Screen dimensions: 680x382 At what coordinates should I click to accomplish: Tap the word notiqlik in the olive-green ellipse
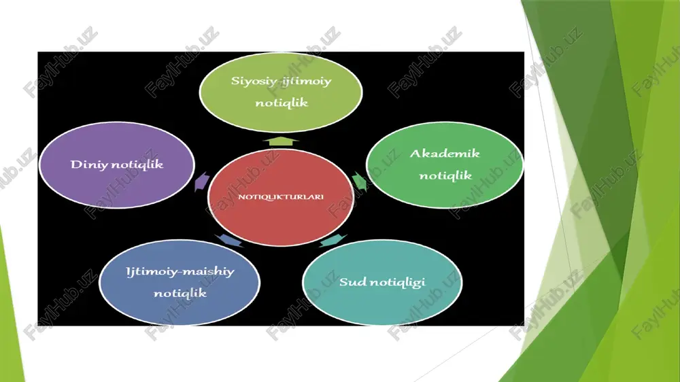pos(282,103)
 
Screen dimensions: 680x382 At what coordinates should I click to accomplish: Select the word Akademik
pos(445,154)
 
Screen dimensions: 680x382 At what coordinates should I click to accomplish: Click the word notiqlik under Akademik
pos(445,175)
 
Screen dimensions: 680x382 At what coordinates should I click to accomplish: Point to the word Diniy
pos(89,164)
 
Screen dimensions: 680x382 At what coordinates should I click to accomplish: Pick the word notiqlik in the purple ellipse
pos(137,164)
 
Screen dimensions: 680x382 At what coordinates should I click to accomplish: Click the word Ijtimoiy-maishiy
pos(180,272)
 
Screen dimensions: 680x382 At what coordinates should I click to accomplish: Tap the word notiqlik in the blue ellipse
pos(180,293)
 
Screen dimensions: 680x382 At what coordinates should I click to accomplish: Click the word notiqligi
pos(398,283)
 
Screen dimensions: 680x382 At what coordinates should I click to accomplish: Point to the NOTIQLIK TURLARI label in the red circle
pos(281,197)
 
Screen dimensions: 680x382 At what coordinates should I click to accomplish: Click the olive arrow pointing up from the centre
pos(281,141)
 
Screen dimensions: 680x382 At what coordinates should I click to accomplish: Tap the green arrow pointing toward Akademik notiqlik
pos(360,181)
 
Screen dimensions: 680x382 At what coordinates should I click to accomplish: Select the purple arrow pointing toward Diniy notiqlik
pos(202,181)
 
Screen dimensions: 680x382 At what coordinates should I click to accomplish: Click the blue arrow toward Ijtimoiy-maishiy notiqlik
pos(229,240)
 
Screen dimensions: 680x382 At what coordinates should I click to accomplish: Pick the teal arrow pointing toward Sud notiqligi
pos(333,240)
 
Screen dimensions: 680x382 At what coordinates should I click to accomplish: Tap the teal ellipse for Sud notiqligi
pos(382,282)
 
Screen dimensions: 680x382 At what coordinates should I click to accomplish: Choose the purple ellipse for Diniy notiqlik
pos(117,164)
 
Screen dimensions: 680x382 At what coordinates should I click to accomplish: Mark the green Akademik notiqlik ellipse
pos(445,164)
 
